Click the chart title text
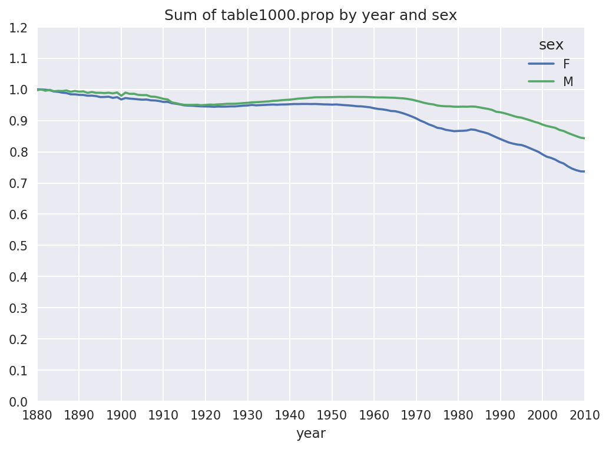pyautogui.click(x=310, y=15)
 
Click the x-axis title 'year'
pyautogui.click(x=310, y=434)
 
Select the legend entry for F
pyautogui.click(x=567, y=64)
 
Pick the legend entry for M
pyautogui.click(x=568, y=82)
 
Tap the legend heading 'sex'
pyautogui.click(x=551, y=45)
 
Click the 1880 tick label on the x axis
pyautogui.click(x=38, y=415)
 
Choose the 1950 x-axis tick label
pyautogui.click(x=332, y=415)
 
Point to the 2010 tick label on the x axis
pyautogui.click(x=584, y=415)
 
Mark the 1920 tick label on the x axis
pyautogui.click(x=206, y=415)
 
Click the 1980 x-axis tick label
pyautogui.click(x=458, y=415)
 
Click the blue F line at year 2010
pyautogui.click(x=583, y=171)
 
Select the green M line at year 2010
pyautogui.click(x=583, y=138)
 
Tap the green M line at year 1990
pyautogui.click(x=500, y=112)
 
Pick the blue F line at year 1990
pyautogui.click(x=500, y=139)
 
